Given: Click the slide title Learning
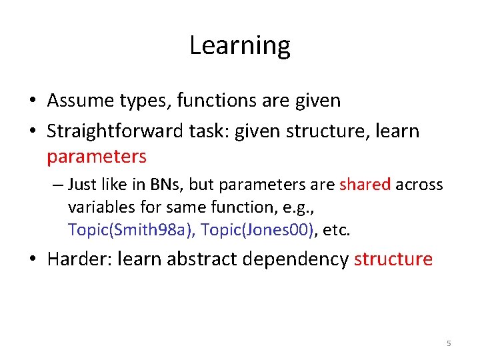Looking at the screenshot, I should tap(240, 45).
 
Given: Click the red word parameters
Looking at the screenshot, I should tap(96, 157).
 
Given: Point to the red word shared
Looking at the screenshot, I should tap(365, 185).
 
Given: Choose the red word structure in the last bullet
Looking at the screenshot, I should tap(393, 259).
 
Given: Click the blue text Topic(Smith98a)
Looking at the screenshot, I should tap(131, 230).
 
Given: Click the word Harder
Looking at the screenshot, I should tap(77, 259).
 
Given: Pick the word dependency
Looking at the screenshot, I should tap(293, 259).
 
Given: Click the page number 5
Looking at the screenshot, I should tap(448, 343).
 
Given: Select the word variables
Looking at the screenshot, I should tap(98, 207).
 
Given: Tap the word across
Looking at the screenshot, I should tap(419, 185).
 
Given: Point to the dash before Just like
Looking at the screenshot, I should tap(59, 185).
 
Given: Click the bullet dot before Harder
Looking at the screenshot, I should tap(33, 259).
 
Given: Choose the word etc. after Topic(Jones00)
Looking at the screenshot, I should tap(337, 230).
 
